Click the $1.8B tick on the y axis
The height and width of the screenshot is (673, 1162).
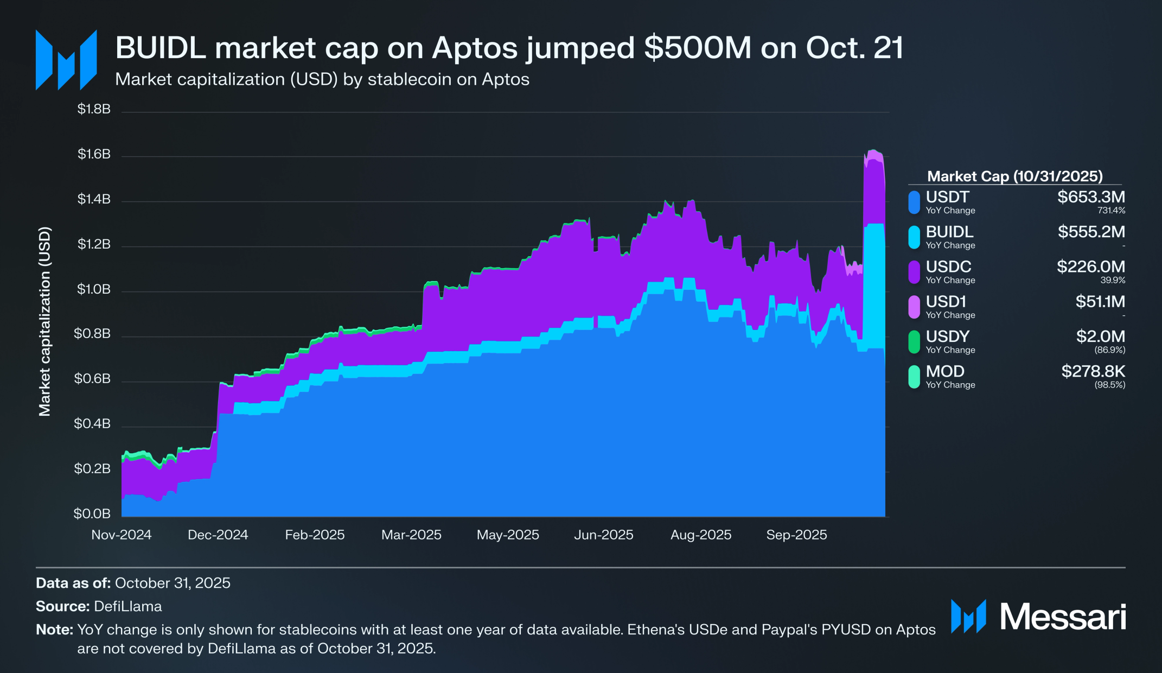coord(94,109)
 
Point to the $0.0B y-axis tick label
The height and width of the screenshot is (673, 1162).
coord(92,513)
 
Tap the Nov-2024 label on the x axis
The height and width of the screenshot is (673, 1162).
coord(122,535)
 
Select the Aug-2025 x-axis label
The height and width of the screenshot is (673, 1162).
coord(701,535)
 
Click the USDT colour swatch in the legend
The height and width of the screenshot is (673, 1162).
coord(914,202)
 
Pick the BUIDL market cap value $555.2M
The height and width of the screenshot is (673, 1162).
coord(1091,232)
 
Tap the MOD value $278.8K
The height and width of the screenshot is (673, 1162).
coord(1093,371)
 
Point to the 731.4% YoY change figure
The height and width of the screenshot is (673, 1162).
coord(1111,211)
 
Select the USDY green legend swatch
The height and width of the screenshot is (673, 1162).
coord(914,342)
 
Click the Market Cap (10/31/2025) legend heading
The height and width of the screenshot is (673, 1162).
coord(1015,176)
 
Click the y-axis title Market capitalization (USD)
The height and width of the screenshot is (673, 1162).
coord(44,321)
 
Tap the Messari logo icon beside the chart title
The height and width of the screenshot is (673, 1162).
coord(66,60)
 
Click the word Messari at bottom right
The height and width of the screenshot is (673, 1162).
coord(1063,617)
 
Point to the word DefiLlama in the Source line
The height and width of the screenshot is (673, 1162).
coord(128,606)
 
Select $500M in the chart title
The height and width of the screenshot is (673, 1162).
coord(698,48)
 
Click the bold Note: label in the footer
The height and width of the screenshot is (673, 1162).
coord(54,630)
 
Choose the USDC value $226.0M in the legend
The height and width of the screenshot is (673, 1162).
coord(1091,266)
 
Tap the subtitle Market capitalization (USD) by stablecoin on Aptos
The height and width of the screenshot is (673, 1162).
coord(322,79)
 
